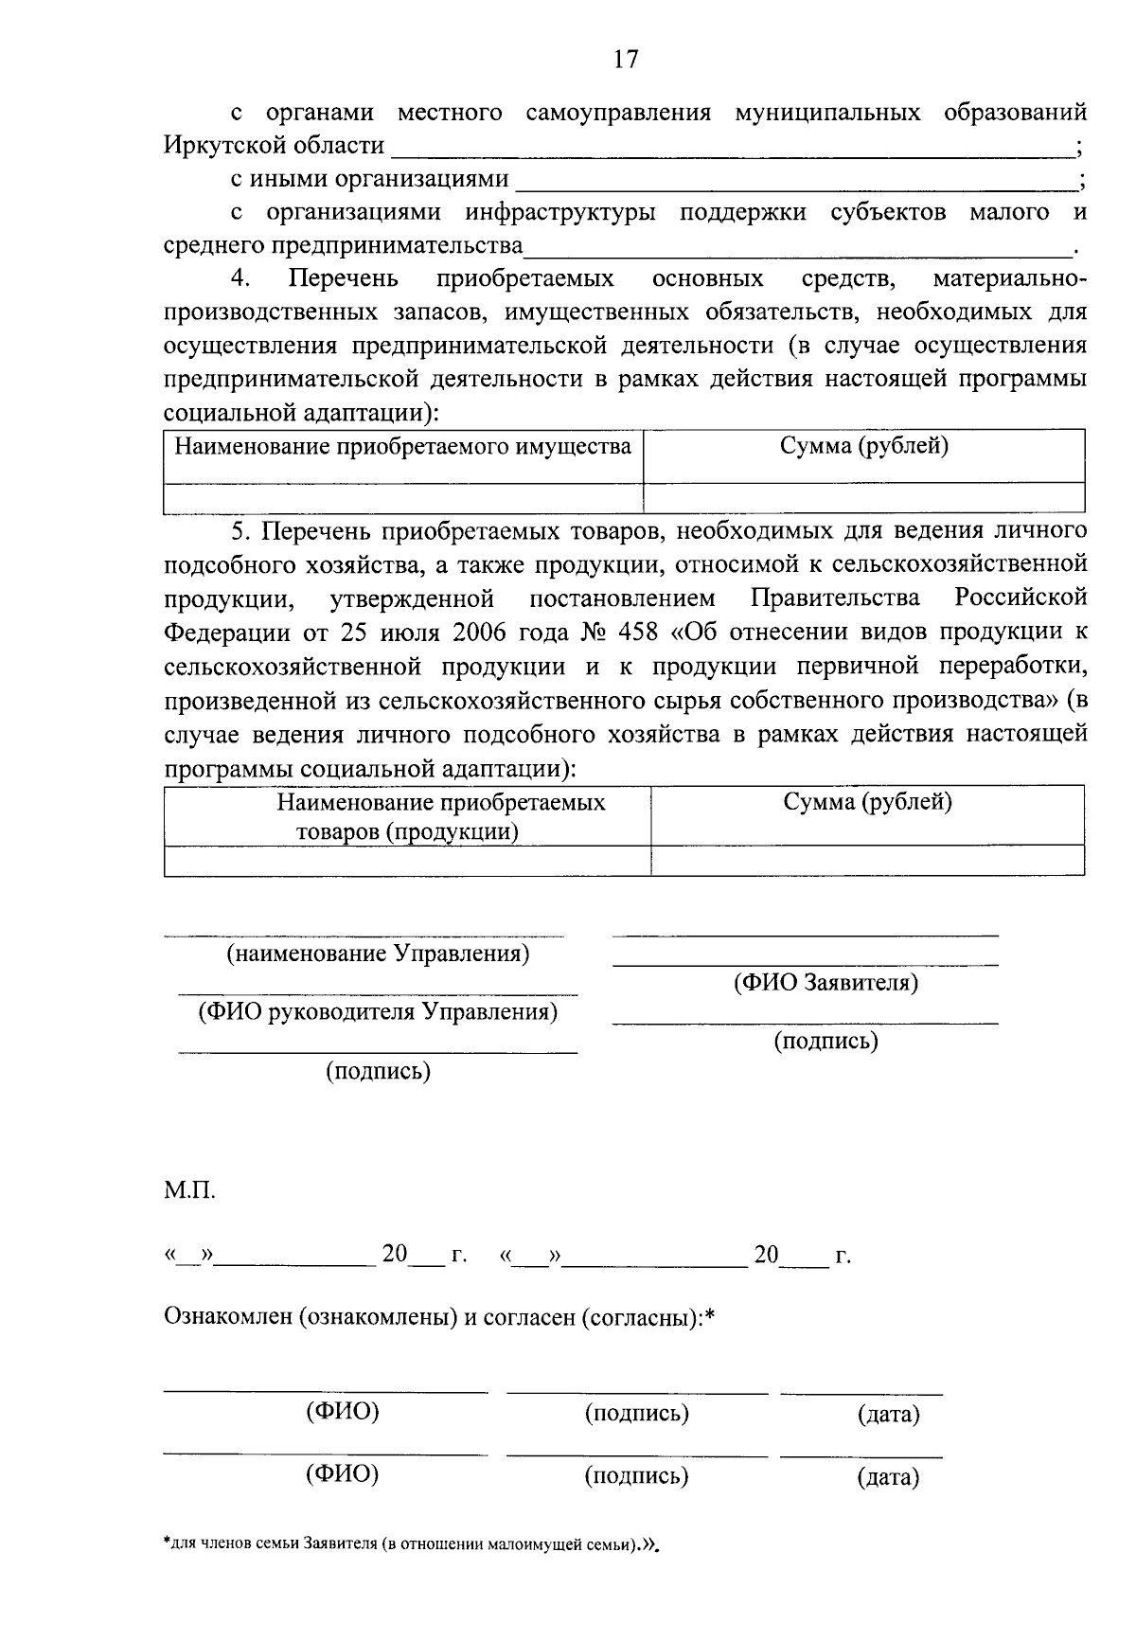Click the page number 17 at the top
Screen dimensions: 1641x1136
(x=626, y=60)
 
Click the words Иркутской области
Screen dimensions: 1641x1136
(x=274, y=146)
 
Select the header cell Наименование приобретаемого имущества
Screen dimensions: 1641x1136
(x=403, y=446)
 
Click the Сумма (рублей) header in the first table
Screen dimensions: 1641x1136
(x=863, y=446)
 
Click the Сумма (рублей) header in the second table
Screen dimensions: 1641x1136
(x=867, y=802)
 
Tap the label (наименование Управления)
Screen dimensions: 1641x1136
(x=378, y=954)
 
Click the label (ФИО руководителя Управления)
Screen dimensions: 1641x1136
(x=378, y=1012)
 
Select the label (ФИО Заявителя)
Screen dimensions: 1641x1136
(x=826, y=983)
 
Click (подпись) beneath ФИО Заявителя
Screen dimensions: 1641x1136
(x=826, y=1042)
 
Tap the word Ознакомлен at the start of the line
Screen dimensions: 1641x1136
(x=227, y=1317)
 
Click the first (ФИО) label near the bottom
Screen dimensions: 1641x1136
(x=342, y=1412)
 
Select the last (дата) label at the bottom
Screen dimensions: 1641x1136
(x=888, y=1477)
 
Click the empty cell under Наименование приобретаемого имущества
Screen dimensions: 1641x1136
(x=403, y=497)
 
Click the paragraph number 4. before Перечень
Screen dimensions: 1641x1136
(x=240, y=279)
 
